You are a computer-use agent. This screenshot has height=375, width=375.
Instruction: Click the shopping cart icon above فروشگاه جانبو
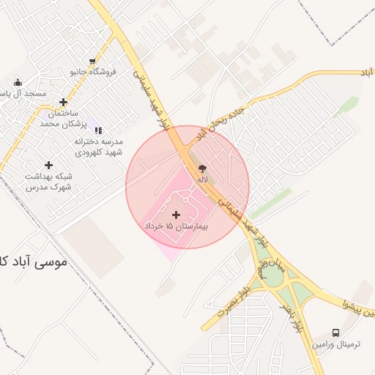(92, 62)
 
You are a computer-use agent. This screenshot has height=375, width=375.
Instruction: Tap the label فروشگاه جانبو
(93, 72)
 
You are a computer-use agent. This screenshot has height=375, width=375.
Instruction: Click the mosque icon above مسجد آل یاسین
(18, 83)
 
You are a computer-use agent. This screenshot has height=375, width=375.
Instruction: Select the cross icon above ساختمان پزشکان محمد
(64, 103)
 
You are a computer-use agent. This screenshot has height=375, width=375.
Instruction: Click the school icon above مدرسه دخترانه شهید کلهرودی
(99, 130)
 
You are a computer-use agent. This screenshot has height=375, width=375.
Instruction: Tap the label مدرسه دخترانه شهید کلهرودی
(99, 146)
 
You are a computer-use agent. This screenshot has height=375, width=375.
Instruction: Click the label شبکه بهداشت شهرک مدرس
(48, 182)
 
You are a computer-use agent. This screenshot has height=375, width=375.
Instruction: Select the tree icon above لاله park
(202, 168)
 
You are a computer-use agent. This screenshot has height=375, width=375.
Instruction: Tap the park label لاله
(202, 179)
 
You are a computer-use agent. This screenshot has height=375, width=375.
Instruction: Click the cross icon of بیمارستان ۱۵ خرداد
(176, 214)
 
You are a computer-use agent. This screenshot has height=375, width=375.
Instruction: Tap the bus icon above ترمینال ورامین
(336, 333)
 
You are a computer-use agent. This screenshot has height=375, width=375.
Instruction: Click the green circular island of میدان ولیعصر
(272, 276)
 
